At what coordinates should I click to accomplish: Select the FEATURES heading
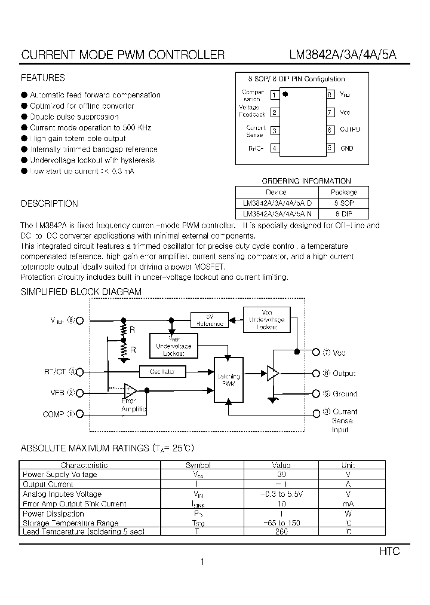43,78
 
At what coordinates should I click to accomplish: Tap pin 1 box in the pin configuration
274,94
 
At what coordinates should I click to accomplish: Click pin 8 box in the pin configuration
330,94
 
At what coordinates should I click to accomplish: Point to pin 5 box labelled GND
330,148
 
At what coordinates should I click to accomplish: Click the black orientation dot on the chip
285,94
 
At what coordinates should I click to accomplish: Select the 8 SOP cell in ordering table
344,203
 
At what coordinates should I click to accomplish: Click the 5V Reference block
210,320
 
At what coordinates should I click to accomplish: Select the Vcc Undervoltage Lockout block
267,319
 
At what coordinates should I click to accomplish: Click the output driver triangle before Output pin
272,373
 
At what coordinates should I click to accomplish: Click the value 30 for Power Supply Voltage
281,475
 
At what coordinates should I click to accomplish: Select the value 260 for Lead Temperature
281,531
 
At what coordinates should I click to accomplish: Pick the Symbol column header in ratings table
198,465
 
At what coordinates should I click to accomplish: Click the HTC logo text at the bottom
389,551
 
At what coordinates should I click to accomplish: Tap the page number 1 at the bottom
203,562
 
